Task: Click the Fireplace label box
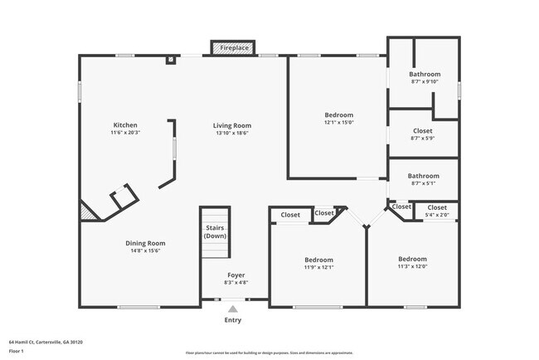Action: click(234, 48)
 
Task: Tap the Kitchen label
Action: click(125, 125)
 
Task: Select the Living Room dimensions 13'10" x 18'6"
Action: click(231, 133)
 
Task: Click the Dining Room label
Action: click(145, 243)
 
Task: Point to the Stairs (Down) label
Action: click(215, 231)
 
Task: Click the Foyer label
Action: click(236, 275)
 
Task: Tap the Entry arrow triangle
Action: click(233, 309)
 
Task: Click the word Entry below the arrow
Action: click(233, 320)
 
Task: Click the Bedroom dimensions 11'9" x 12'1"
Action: click(318, 267)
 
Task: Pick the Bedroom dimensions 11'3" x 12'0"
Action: click(412, 266)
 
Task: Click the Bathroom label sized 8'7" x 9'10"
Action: click(425, 74)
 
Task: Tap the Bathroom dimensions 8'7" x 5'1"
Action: click(424, 183)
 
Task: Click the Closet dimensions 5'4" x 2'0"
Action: click(437, 215)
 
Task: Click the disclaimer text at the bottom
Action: click(269, 353)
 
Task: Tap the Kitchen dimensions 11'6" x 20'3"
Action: click(125, 133)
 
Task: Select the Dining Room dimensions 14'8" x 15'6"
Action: click(145, 251)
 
